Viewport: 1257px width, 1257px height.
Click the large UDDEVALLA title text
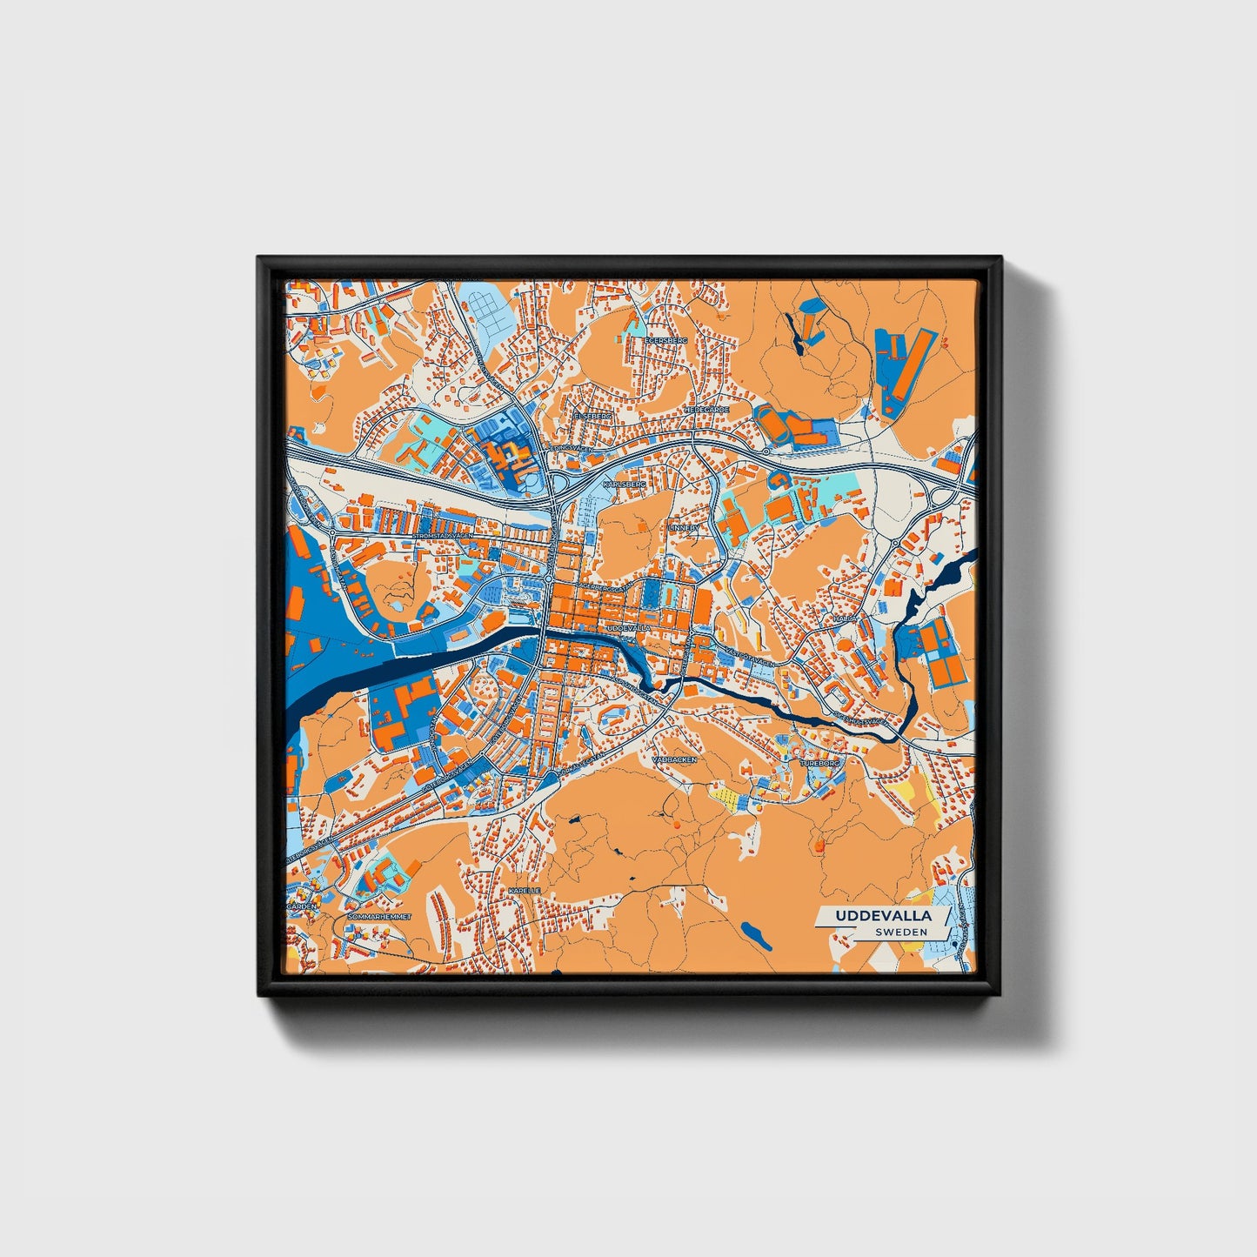tap(883, 916)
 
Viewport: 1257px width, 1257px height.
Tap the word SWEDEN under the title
tap(900, 932)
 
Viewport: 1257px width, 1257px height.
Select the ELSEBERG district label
tap(592, 416)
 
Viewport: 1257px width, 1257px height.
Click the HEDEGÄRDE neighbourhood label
tap(705, 408)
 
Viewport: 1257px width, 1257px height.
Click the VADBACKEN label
tap(675, 759)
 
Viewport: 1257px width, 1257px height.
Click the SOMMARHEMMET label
tap(378, 917)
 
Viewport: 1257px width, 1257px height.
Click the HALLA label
tap(845, 617)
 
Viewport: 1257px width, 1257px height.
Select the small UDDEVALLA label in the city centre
tap(628, 626)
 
